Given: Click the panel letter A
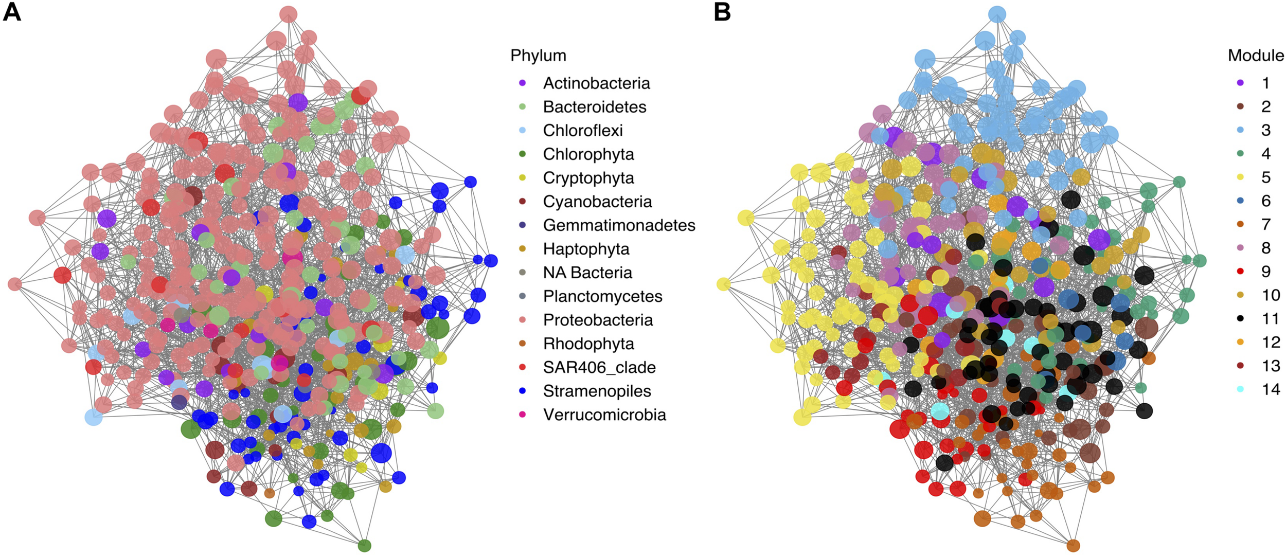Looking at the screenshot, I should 12,12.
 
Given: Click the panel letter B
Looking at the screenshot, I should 722,12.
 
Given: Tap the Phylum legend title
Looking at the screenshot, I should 538,56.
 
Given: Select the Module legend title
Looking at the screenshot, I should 1256,56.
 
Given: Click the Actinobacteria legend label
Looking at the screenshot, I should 596,83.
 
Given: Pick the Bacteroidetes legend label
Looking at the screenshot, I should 595,107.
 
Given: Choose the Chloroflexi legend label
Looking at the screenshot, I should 583,131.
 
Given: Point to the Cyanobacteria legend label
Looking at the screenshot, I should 597,202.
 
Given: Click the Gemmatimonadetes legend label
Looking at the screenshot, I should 619,225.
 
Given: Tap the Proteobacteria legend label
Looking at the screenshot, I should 598,320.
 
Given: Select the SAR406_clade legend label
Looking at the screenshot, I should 599,367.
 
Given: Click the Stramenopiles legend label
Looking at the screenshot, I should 597,391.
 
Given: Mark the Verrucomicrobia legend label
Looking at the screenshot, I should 604,415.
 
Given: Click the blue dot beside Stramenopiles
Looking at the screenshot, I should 523,391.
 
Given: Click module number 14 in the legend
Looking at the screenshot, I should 1271,389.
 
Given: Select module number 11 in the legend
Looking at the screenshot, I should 1271,319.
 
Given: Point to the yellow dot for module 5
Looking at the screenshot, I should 1241,177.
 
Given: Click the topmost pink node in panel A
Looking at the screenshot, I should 289,14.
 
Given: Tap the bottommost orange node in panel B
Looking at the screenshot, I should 1073,545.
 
